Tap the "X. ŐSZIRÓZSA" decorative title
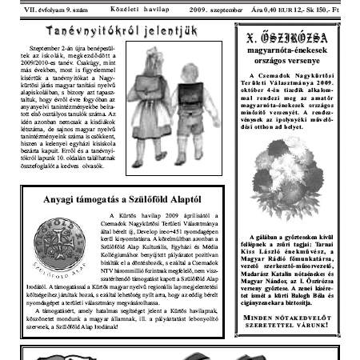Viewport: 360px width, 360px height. pyautogui.click(x=292, y=36)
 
